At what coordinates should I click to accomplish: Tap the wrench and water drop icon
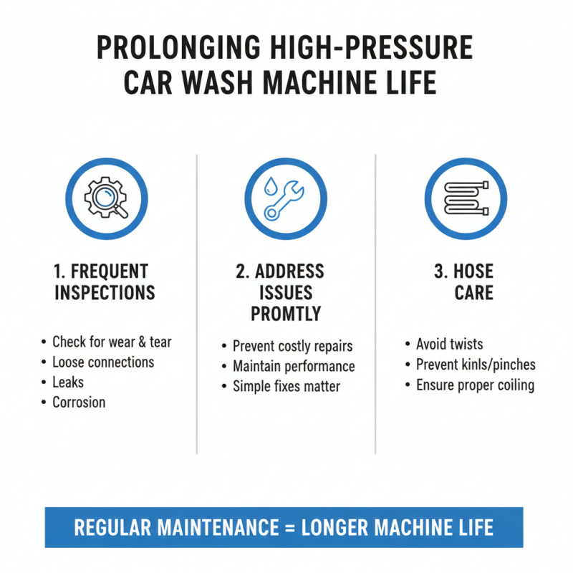(286, 198)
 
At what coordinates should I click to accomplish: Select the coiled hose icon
(466, 198)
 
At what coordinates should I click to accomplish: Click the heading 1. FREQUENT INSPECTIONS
(105, 282)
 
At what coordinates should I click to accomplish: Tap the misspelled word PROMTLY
(286, 314)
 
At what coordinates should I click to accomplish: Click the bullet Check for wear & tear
(112, 342)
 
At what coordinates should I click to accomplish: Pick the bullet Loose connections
(103, 362)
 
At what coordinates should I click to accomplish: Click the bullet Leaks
(68, 382)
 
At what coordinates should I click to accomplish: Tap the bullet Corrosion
(79, 402)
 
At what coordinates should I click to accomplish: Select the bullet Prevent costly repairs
(292, 346)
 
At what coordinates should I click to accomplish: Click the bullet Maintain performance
(294, 366)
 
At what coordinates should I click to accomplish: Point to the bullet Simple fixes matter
(286, 386)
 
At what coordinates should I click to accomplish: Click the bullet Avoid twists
(450, 345)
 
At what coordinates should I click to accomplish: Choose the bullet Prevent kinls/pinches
(476, 365)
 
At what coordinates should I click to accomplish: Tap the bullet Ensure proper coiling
(476, 385)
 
